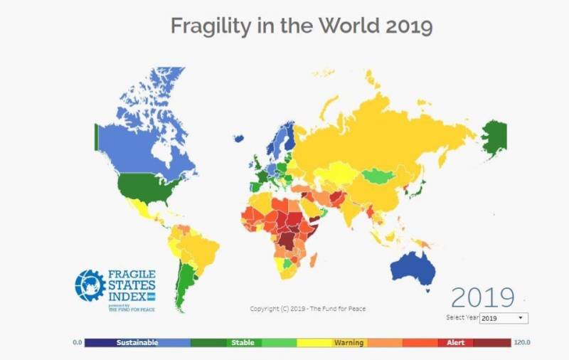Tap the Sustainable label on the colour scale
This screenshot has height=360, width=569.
pos(137,343)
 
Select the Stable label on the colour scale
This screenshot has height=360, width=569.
pos(243,343)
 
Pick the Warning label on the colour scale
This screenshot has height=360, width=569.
pos(349,343)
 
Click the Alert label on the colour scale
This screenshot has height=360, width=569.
pos(456,343)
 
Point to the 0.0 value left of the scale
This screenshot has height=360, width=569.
pos(78,343)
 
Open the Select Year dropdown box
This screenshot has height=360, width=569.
pos(504,318)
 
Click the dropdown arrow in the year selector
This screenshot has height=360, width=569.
pos(521,318)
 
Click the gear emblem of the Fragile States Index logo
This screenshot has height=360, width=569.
pos(90,285)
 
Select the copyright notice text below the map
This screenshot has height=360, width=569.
pos(308,308)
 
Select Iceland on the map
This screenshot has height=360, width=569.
pos(240,138)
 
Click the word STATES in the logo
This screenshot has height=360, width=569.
pos(132,285)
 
